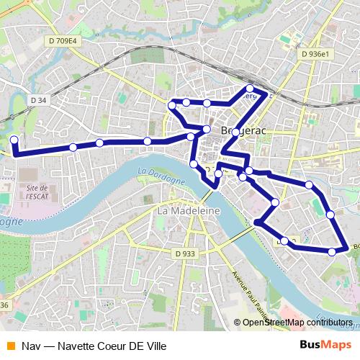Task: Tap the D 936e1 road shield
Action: (315, 54)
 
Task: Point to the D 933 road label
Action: (184, 253)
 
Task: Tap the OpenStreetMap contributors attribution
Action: (297, 323)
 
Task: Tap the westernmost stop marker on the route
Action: (14, 140)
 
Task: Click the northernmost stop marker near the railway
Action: (250, 89)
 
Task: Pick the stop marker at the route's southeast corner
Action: (332, 251)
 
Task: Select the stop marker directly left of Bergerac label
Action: (207, 130)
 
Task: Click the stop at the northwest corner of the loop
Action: (171, 106)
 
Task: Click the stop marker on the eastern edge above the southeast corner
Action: (330, 214)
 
